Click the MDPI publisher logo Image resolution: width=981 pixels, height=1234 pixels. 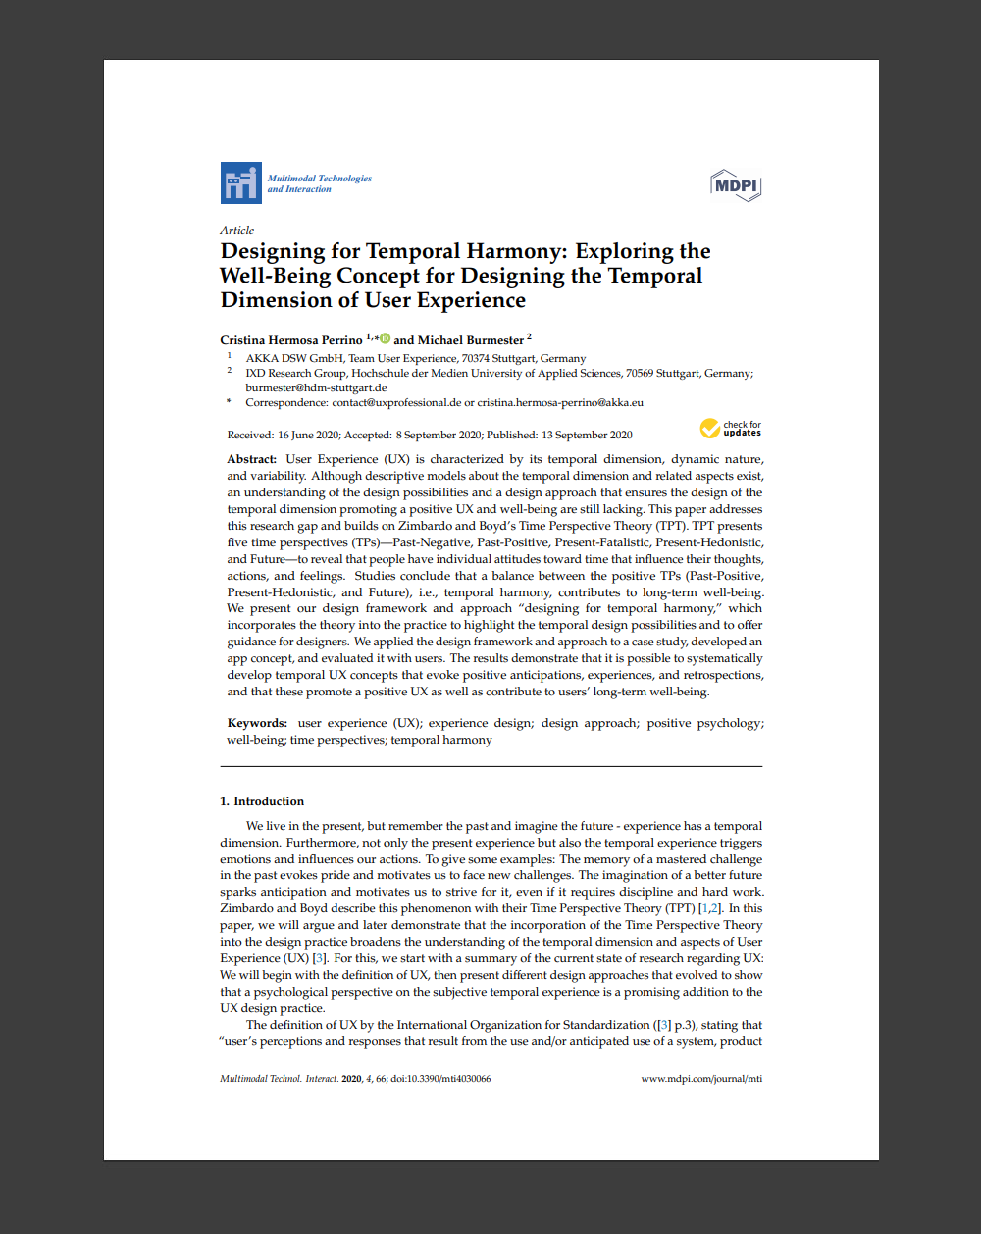coord(736,184)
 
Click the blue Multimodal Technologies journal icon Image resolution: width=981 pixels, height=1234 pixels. coord(240,183)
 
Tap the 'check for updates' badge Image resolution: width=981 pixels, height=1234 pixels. coord(731,429)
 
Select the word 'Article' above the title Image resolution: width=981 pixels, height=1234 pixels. coord(237,231)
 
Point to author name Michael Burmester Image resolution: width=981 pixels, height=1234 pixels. coord(471,340)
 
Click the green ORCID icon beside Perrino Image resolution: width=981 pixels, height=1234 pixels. coord(385,338)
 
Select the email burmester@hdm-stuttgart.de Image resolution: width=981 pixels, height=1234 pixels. coord(316,387)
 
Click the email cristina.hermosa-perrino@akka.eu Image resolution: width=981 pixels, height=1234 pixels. coord(560,402)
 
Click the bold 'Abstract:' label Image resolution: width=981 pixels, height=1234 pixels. coord(252,459)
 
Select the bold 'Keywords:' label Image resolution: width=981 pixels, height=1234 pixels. coord(257,723)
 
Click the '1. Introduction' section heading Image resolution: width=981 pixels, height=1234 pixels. coord(262,801)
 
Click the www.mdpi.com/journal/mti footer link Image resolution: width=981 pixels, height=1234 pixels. coord(700,1079)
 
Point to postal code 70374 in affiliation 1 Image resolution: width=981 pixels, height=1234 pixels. coord(476,358)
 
